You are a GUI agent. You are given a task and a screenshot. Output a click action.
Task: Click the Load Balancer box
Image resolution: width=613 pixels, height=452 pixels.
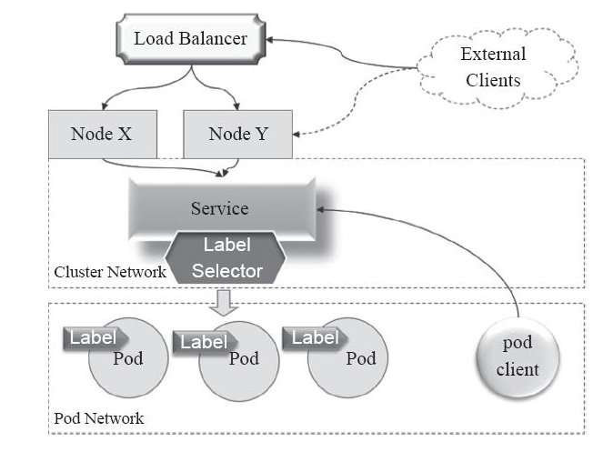190,38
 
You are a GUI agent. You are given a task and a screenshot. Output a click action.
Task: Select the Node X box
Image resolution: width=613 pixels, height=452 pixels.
102,134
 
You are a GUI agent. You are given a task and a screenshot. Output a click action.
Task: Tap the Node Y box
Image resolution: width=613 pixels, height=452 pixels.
239,135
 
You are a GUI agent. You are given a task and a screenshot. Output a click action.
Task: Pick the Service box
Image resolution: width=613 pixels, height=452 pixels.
220,208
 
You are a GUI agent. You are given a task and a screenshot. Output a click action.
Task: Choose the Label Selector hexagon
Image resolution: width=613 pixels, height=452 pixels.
226,258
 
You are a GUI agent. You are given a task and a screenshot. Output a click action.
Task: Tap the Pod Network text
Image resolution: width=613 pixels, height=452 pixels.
98,419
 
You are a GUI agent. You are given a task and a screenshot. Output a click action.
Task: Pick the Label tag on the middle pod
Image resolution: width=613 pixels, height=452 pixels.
204,342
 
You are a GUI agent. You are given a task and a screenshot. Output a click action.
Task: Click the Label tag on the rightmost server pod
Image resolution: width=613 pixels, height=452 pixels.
314,338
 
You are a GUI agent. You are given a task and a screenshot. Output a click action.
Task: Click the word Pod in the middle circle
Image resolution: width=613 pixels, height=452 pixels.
244,358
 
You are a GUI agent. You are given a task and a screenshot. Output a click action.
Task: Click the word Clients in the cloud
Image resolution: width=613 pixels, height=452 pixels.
493,80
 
